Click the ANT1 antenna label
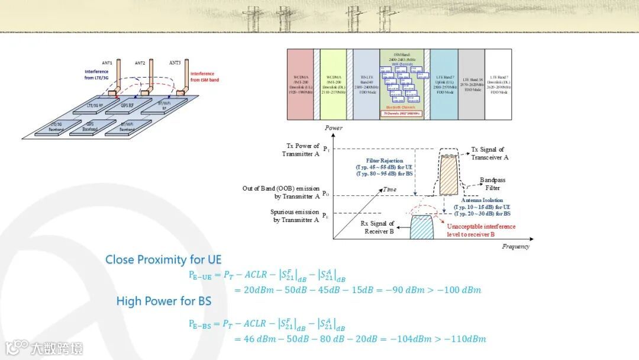107,63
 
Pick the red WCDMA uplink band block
301,84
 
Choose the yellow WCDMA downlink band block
333,84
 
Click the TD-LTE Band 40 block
365,84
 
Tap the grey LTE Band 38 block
471,84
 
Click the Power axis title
334,128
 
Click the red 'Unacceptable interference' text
481,226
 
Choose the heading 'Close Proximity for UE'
163,259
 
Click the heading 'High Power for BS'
163,301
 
